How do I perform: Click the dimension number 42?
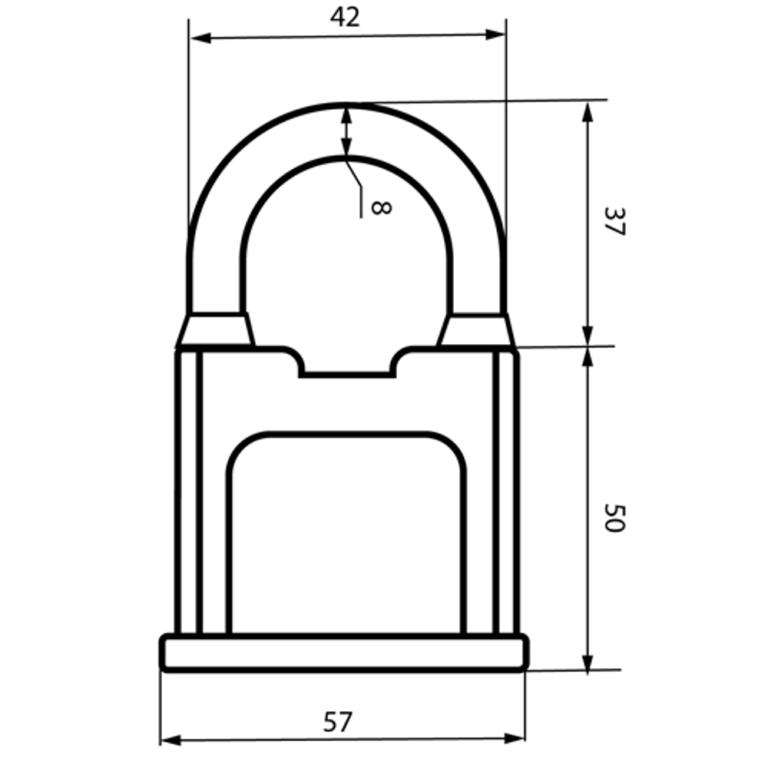point(345,17)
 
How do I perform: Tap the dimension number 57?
point(338,722)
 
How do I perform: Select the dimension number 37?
point(614,221)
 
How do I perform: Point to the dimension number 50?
point(614,518)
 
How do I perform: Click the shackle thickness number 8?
point(381,207)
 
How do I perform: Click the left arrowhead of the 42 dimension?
point(200,38)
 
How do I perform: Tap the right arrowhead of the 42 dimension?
point(495,35)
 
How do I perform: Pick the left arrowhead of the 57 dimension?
point(170,740)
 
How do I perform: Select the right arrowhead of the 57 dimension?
point(515,737)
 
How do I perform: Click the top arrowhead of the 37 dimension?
point(588,111)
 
